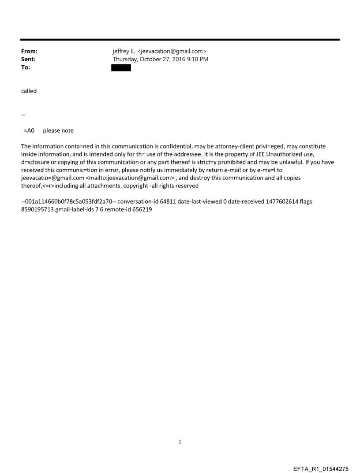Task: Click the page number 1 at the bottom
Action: coord(180,442)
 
